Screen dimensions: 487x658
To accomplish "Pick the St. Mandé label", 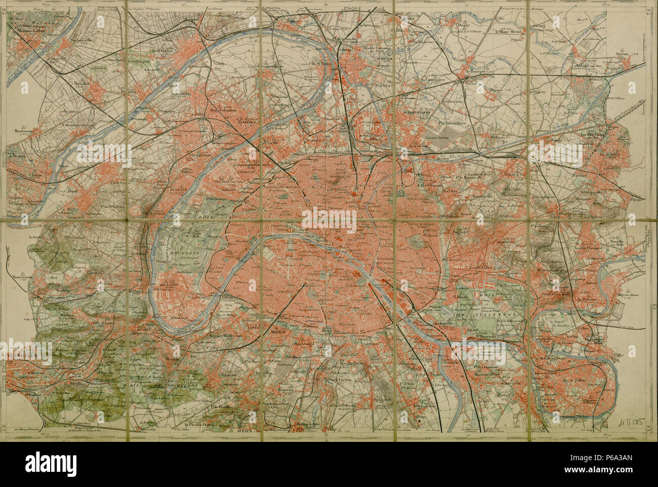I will pyautogui.click(x=462, y=295).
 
